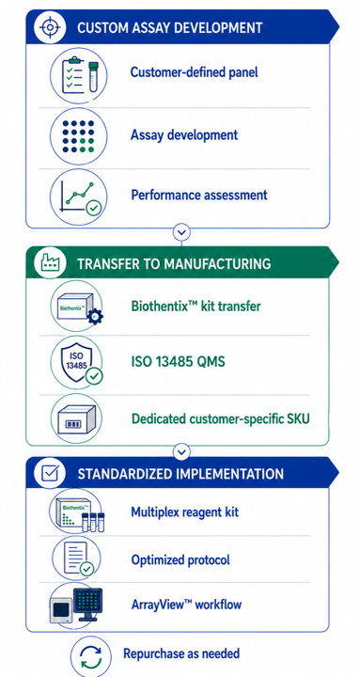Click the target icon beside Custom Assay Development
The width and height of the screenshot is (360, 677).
click(51, 26)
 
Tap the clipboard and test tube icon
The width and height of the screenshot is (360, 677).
click(79, 75)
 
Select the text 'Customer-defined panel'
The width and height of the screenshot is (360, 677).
click(195, 71)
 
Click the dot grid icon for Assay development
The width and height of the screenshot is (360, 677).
click(78, 136)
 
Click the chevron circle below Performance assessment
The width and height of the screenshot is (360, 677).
click(181, 232)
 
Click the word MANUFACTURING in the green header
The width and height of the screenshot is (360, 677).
click(217, 264)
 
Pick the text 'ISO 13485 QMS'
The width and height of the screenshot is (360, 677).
click(179, 361)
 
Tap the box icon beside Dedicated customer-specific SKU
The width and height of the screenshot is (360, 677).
click(77, 418)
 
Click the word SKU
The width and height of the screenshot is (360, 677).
click(297, 418)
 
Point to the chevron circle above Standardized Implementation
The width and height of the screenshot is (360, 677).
click(181, 451)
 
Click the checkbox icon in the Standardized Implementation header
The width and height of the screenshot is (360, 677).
click(52, 473)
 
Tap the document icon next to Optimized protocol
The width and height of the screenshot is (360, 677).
click(78, 559)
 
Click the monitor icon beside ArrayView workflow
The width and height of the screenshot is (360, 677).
click(76, 606)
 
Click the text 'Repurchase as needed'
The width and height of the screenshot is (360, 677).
click(181, 653)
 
